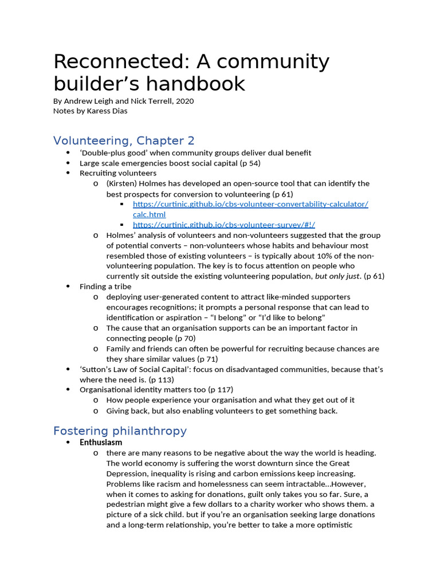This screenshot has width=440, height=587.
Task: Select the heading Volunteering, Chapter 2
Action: click(124, 140)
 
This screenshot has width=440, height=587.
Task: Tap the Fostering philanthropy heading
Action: click(120, 431)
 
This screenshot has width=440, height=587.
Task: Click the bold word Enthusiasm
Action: click(101, 443)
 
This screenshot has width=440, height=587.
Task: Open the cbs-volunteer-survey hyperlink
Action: click(224, 225)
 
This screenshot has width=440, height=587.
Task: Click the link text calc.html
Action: click(149, 214)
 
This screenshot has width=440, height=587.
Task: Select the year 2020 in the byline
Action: click(184, 101)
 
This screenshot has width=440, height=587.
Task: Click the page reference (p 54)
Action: click(247, 163)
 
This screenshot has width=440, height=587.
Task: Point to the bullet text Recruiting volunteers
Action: click(118, 173)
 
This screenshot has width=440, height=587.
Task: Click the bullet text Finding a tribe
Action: click(105, 287)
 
